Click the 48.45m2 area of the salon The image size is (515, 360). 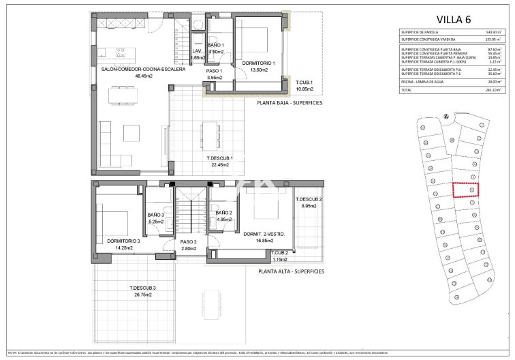pyautogui.click(x=124, y=76)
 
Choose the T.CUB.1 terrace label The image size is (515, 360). pyautogui.click(x=303, y=82)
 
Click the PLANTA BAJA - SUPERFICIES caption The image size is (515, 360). pyautogui.click(x=290, y=103)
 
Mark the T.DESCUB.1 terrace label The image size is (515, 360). pyautogui.click(x=220, y=158)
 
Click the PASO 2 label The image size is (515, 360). pyautogui.click(x=188, y=241)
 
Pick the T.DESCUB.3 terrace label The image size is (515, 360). pyautogui.click(x=143, y=288)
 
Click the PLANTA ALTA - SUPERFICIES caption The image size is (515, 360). pyautogui.click(x=290, y=271)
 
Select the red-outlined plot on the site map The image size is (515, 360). pyautogui.click(x=466, y=190)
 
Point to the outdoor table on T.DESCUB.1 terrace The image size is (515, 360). pyautogui.click(x=209, y=130)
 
